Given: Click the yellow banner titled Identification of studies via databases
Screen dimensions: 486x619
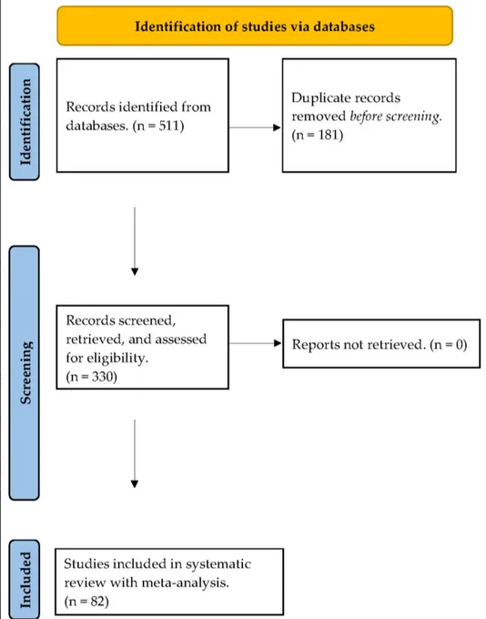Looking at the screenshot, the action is [x=255, y=25].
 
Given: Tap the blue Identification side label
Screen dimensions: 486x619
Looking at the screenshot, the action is [x=25, y=122].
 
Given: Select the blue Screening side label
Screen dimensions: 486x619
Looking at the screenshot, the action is [x=25, y=372].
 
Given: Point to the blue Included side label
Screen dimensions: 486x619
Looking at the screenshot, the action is [x=25, y=579].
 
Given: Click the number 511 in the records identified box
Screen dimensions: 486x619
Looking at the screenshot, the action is [x=171, y=126].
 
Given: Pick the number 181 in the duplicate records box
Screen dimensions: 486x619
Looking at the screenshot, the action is [x=330, y=135].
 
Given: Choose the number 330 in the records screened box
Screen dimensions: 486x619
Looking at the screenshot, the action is [x=104, y=377].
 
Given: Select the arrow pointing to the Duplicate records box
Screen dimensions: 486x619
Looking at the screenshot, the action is [x=255, y=127].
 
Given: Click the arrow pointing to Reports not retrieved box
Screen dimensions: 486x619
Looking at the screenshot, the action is [x=256, y=343].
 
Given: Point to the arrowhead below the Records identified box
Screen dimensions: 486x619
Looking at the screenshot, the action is [x=135, y=271].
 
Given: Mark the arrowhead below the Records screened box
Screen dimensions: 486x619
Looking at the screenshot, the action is [x=135, y=484].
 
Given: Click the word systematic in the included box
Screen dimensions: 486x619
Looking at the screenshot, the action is [x=218, y=563].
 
